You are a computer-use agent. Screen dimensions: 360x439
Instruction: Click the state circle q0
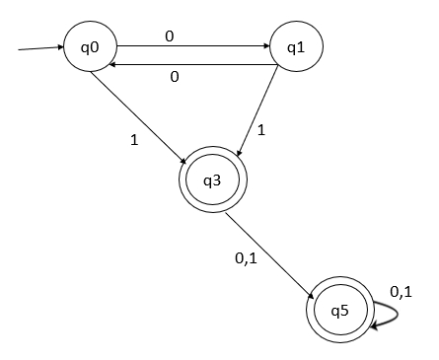click(91, 46)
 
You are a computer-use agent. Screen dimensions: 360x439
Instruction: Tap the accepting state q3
click(212, 180)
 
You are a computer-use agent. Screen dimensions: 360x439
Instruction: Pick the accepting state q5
click(339, 309)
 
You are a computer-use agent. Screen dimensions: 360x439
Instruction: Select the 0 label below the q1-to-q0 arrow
click(174, 77)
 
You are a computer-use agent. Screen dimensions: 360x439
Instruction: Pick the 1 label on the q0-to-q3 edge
click(133, 139)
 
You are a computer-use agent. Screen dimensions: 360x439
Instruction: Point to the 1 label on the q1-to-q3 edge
click(261, 128)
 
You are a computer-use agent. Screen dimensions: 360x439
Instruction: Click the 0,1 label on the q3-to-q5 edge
click(247, 258)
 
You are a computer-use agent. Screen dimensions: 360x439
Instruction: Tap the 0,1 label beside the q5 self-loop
click(401, 291)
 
